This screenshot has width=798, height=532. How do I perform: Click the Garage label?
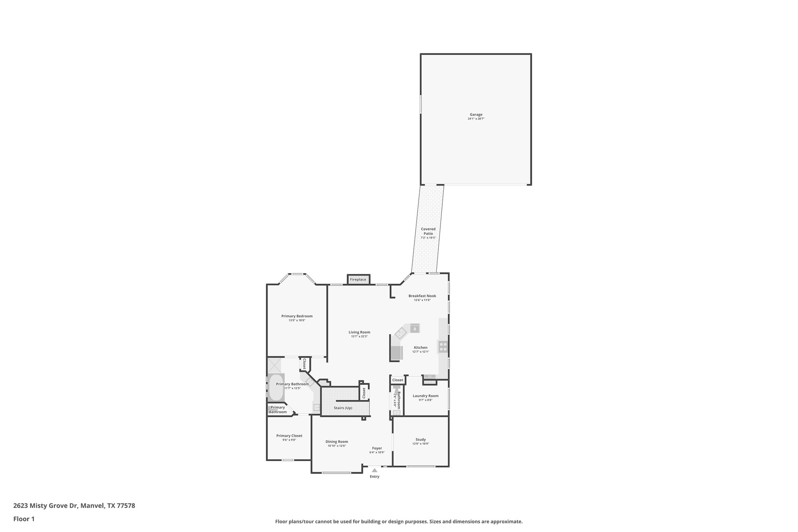pos(476,115)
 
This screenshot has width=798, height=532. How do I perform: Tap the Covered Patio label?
pos(428,232)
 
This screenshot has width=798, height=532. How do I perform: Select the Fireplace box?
pos(358,279)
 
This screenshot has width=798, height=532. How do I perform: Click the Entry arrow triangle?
pos(374,470)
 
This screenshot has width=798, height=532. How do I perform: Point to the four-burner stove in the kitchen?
pos(443,346)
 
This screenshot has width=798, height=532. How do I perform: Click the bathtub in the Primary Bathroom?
pos(275,387)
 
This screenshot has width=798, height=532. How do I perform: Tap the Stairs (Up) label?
pos(343,408)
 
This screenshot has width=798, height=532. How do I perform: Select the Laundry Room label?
pos(425,396)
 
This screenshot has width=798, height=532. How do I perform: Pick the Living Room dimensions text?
pos(359,336)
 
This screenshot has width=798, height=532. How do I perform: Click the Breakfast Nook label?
pos(422,296)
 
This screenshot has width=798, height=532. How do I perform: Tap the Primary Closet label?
pos(289,436)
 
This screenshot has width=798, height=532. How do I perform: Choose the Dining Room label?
pos(337,442)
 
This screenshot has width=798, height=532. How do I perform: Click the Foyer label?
pos(377,448)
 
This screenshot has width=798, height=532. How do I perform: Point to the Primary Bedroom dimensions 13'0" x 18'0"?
pos(297,320)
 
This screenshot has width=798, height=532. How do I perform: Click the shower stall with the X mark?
pos(274,366)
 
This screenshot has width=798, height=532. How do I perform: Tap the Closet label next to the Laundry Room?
pos(397,380)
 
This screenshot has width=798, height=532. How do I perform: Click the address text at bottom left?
pos(74,506)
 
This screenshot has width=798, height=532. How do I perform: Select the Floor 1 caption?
pos(24,519)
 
